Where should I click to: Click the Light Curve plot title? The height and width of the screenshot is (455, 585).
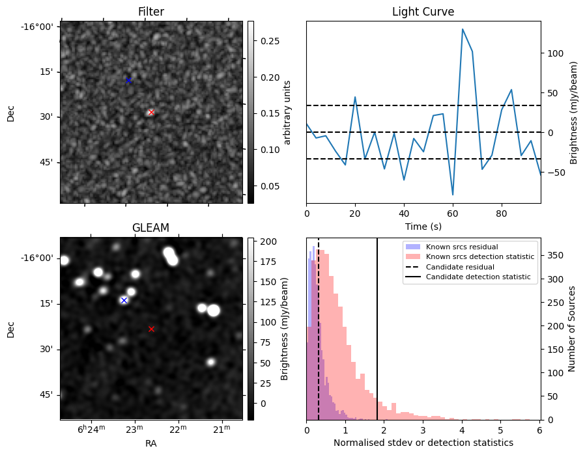click(423, 12)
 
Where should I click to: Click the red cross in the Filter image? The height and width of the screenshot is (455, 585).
click(151, 112)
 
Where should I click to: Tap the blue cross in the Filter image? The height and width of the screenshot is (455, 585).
click(128, 80)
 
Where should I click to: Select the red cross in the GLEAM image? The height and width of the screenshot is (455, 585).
click(151, 329)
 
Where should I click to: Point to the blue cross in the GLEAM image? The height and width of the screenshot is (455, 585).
click(124, 300)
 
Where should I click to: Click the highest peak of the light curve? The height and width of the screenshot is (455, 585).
click(463, 29)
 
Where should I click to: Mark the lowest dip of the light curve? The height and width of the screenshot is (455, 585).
click(453, 195)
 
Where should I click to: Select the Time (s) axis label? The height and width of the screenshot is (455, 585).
click(423, 225)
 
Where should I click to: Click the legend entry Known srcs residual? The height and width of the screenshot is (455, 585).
click(461, 247)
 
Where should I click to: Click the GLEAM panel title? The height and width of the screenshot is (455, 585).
click(150, 228)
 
